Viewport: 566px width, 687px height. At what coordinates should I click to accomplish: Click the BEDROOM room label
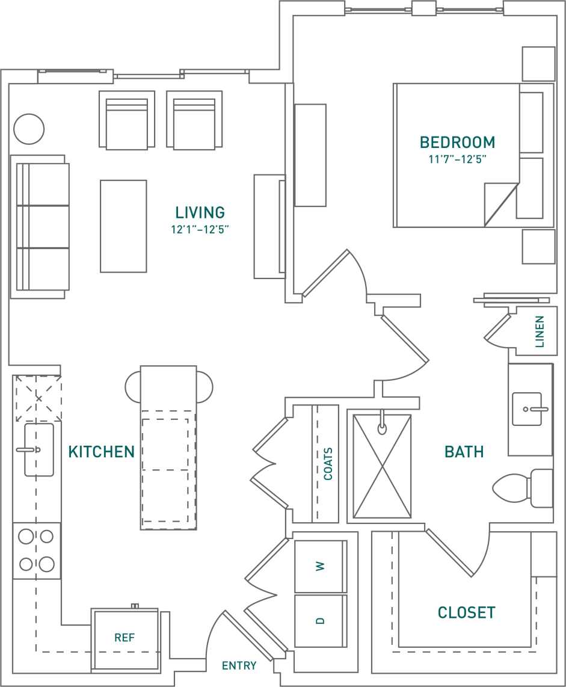point(457,143)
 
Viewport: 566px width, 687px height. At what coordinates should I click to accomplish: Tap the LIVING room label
point(200,212)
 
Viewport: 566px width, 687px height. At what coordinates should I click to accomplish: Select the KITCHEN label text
point(102,452)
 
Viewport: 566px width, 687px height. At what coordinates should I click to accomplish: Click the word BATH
point(464,452)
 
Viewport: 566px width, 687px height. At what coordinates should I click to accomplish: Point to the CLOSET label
point(467,612)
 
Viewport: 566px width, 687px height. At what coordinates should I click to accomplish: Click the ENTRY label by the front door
point(239,665)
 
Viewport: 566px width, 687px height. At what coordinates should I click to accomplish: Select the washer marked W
point(320,566)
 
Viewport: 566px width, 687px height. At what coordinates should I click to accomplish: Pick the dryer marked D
point(320,621)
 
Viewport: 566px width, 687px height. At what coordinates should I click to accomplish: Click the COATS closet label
point(328,463)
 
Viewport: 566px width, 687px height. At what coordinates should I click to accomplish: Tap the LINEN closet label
point(540,331)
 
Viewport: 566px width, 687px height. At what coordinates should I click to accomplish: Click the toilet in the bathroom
point(522,488)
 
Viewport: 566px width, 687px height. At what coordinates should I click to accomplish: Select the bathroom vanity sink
point(527,409)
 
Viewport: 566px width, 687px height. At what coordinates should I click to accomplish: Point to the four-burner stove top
point(37,550)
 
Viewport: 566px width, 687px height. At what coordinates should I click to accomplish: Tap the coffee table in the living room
point(123,226)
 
